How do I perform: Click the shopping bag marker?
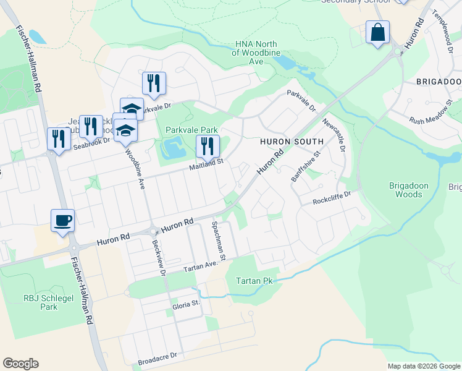(377, 32)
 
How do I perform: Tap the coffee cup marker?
(63, 220)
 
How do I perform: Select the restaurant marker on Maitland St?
(208, 146)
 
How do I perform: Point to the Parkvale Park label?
(191, 130)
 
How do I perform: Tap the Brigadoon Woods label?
(405, 190)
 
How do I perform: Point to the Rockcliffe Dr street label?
(332, 197)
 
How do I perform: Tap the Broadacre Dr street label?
(157, 356)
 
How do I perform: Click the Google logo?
(20, 364)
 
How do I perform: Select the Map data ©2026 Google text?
(423, 366)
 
